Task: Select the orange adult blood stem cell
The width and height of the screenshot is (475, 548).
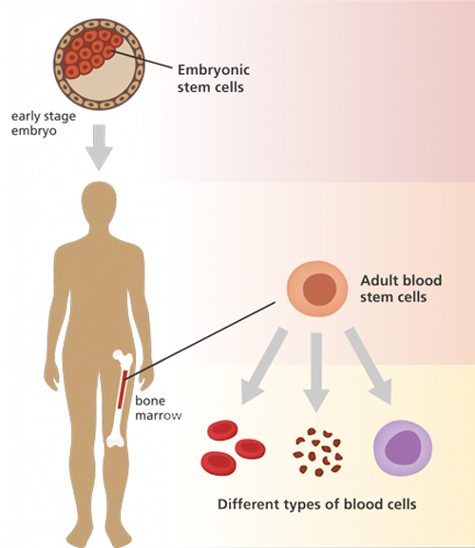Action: point(319,288)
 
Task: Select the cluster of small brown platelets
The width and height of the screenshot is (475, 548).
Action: point(319,449)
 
